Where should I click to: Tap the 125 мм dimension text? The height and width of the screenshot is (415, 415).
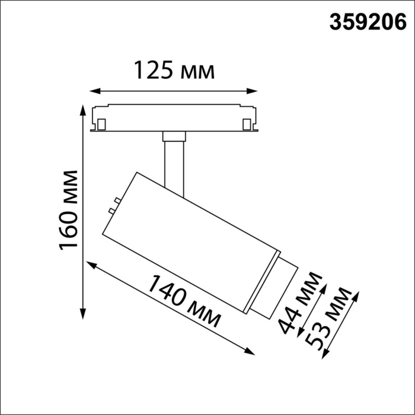(173, 71)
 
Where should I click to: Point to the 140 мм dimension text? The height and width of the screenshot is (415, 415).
(184, 302)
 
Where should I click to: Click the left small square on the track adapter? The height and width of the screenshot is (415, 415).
(101, 124)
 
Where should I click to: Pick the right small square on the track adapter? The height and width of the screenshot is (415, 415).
(247, 124)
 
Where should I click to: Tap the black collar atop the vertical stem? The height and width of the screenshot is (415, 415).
(174, 137)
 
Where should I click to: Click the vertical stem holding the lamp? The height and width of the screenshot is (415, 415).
(174, 163)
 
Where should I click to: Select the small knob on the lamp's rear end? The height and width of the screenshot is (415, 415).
(111, 210)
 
